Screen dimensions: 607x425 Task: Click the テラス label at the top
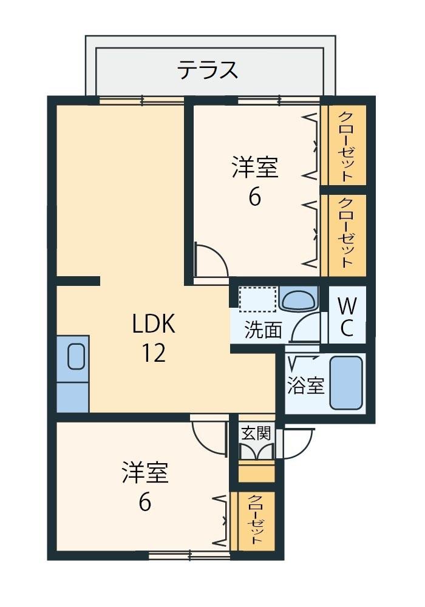[207, 70]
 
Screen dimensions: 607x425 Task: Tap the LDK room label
[154, 325]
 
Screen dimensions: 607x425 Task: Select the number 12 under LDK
[154, 353]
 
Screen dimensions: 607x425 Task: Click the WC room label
[347, 315]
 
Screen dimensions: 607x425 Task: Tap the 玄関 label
[256, 433]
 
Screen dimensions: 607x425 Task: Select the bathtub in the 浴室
[346, 383]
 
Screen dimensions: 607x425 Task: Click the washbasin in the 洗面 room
[298, 299]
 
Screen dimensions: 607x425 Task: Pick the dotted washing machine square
[257, 299]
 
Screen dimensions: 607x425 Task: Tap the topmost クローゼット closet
[344, 146]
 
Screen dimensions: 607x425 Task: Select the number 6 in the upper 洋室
[254, 197]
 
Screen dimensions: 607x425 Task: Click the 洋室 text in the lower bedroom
[144, 473]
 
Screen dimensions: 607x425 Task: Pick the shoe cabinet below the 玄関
[256, 472]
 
